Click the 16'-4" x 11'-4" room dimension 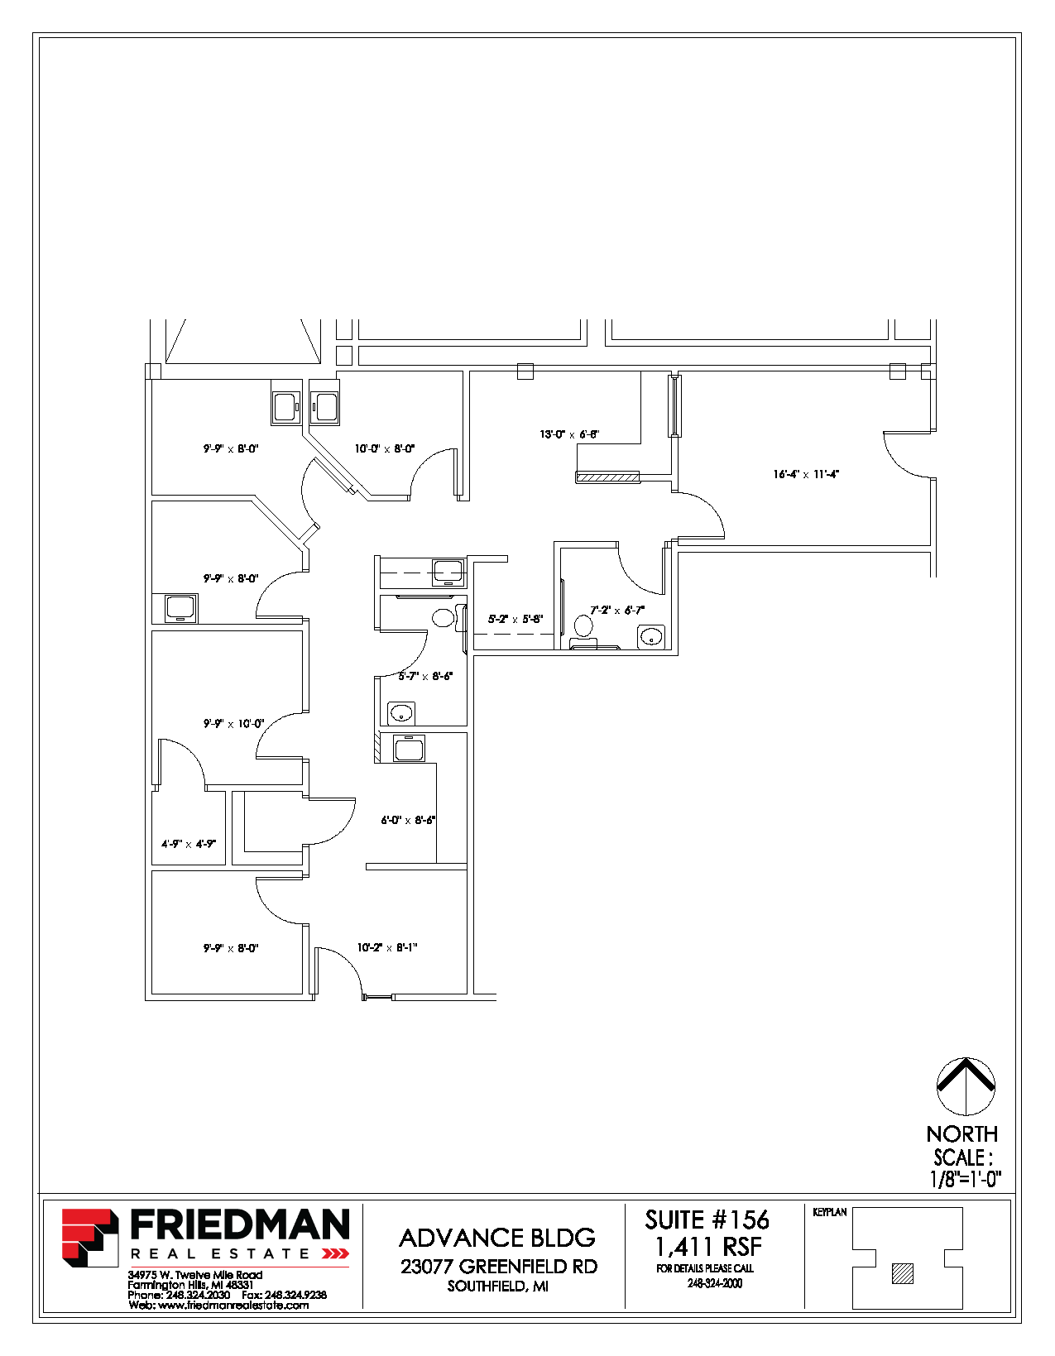pos(806,475)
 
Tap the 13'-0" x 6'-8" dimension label pos(569,434)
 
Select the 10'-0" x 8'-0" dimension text pos(385,449)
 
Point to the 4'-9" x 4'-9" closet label pos(189,845)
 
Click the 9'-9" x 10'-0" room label pos(234,724)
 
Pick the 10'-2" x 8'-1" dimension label pos(387,948)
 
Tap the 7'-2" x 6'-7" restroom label pos(617,611)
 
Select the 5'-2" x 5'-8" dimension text pos(516,619)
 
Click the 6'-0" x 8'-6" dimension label pos(408,821)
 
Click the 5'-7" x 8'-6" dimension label pos(425,677)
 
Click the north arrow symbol pos(966,1086)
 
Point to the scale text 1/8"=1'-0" pos(966,1180)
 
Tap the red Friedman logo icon pos(90,1238)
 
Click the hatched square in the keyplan pos(903,1273)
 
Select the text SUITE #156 pos(707,1220)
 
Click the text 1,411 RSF pos(708,1247)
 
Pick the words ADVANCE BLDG pos(497,1239)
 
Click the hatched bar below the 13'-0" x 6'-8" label pos(608,477)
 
